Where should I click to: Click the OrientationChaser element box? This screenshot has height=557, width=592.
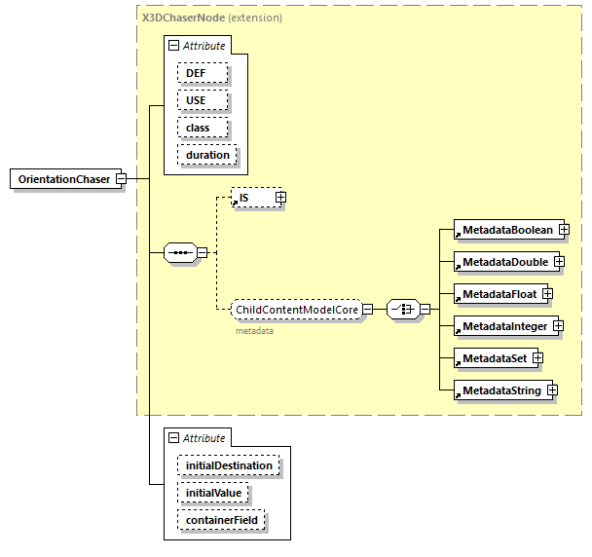coord(63,179)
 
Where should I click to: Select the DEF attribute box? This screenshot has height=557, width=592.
coord(202,73)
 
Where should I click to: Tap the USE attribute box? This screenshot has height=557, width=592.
coord(203,100)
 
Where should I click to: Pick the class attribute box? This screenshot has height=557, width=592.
coord(203,128)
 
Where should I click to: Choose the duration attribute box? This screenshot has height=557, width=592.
coord(207,155)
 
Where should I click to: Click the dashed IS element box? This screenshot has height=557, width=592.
coord(252,198)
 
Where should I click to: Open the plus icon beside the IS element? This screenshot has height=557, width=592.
coord(280,198)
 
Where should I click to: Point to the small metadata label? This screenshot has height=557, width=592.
coord(254,331)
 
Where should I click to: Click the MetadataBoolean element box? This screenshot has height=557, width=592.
coord(507,231)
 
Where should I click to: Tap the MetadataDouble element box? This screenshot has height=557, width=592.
coord(504,262)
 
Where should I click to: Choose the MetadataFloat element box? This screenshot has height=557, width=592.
coord(499,294)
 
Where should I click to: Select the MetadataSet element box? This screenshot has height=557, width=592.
coord(495,358)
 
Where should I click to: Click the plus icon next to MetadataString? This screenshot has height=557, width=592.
coord(552,390)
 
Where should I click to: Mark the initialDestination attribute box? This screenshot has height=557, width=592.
coord(229,465)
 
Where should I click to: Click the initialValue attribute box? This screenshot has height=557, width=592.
coord(213,493)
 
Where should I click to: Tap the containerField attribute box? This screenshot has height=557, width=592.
coord(221,520)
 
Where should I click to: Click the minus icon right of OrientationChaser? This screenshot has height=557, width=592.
coord(121,179)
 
